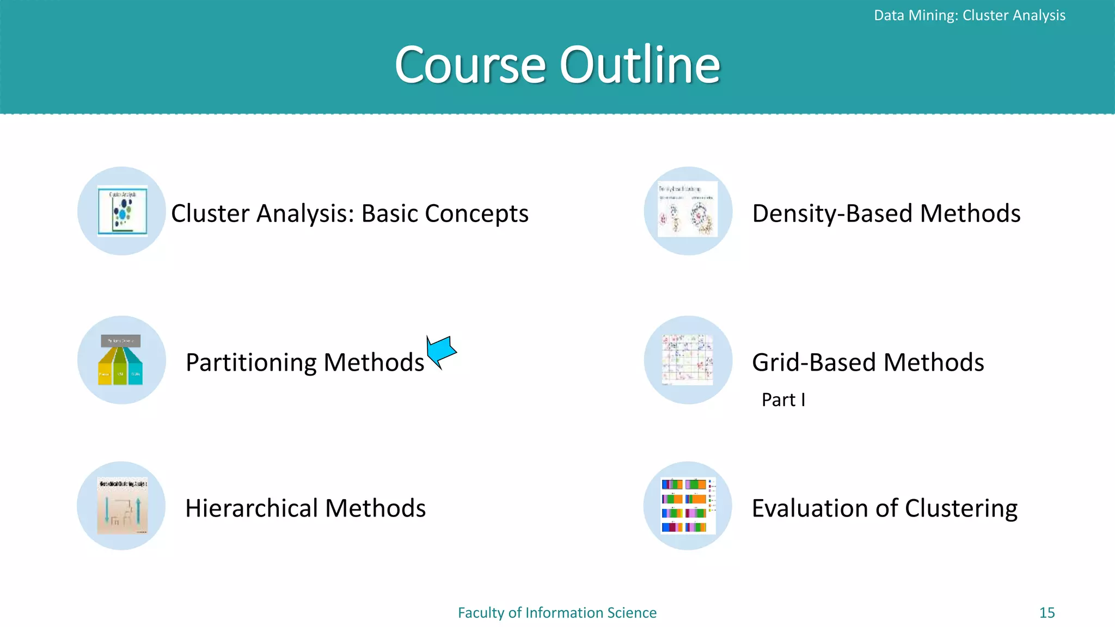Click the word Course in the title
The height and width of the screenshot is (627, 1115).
[x=470, y=65]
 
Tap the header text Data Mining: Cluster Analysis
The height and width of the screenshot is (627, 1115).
[x=969, y=15]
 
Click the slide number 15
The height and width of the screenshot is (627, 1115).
[x=1046, y=612]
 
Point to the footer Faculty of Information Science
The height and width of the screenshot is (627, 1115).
[x=557, y=612]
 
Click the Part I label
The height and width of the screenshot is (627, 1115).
[x=783, y=399]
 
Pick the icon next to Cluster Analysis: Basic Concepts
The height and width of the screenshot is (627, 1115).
[x=122, y=211]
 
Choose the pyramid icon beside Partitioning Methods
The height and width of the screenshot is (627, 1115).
[x=121, y=360]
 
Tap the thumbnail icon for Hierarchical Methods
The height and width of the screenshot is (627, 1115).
[x=122, y=506]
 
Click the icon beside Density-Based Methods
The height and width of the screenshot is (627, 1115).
[x=688, y=210]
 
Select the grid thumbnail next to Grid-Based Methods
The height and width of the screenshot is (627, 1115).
[x=687, y=360]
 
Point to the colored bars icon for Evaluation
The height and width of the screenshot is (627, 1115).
[x=688, y=506]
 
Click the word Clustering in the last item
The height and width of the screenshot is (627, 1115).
[x=961, y=508]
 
